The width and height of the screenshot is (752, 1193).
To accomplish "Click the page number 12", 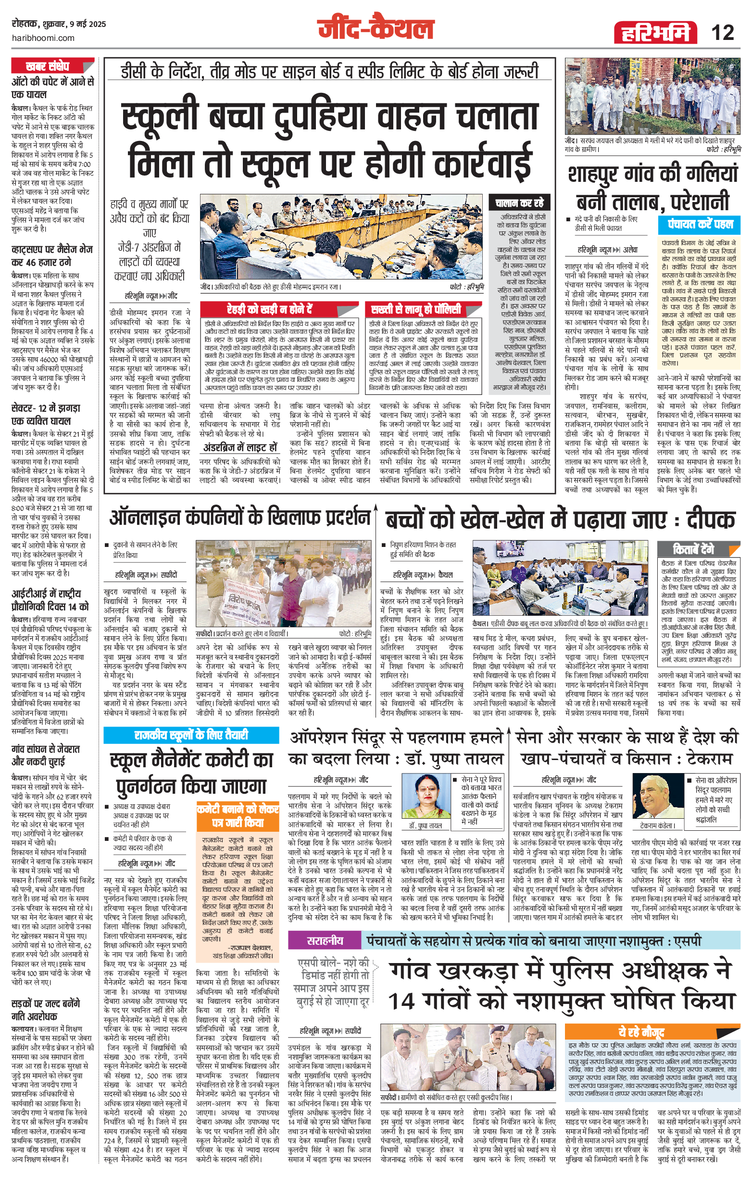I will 722,33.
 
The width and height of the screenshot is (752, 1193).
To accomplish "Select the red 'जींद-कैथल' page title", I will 376,29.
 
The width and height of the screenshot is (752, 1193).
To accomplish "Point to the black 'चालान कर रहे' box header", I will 519,203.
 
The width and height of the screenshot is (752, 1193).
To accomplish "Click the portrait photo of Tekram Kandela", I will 657,796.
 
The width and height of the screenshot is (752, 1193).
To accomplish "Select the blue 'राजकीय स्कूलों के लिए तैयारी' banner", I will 190,735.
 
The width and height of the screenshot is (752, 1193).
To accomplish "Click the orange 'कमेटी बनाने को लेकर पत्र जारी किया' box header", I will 238,815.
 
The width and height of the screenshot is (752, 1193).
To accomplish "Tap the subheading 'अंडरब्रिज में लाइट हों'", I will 239,447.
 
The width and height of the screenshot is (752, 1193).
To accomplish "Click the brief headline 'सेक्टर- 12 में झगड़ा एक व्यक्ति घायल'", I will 45,414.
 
